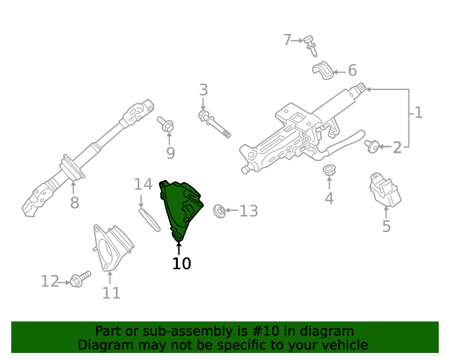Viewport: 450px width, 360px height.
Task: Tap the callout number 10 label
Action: [x=181, y=264]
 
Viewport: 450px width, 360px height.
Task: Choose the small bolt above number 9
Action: [x=167, y=126]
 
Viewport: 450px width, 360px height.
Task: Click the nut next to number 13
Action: [x=219, y=210]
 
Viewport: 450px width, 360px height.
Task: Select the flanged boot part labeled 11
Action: [x=112, y=247]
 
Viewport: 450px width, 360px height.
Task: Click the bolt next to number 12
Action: [x=79, y=280]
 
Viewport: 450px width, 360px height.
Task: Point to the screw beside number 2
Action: [x=373, y=146]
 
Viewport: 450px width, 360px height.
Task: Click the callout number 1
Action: [x=418, y=112]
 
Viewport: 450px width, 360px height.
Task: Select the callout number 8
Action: [x=74, y=203]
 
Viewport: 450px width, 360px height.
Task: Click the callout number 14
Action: [x=143, y=184]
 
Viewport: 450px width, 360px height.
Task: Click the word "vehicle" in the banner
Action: [x=343, y=345]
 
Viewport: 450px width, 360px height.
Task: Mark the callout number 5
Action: [x=386, y=226]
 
